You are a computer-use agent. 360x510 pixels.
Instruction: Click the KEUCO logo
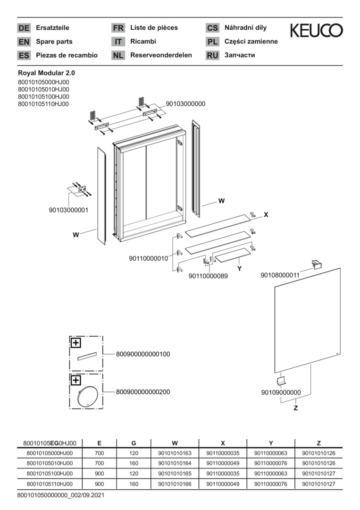[x=316, y=31]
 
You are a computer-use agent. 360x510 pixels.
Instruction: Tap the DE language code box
[x=24, y=28]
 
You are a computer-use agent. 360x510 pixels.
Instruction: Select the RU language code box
[x=212, y=55]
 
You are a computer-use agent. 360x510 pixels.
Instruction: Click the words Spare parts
[x=54, y=42]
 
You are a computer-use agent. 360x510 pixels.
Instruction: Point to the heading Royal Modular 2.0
[x=46, y=73]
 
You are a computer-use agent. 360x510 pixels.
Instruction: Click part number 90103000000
[x=185, y=104]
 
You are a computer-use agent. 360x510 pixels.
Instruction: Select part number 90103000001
[x=68, y=210]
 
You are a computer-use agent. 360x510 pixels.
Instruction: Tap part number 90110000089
[x=208, y=276]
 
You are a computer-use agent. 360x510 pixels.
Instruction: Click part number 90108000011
[x=280, y=274]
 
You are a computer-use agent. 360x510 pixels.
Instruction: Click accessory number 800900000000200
[x=143, y=392]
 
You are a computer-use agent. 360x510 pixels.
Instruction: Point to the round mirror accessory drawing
[x=87, y=396]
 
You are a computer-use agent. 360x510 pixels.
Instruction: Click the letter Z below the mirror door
[x=296, y=408]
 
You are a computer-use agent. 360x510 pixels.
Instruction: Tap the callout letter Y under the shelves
[x=239, y=268]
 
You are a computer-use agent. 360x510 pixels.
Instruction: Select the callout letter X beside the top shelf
[x=266, y=214]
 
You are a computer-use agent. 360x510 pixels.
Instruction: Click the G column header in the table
[x=134, y=443]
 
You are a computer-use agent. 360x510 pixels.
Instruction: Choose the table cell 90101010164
[x=175, y=463]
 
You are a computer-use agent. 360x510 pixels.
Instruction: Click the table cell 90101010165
[x=175, y=474]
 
